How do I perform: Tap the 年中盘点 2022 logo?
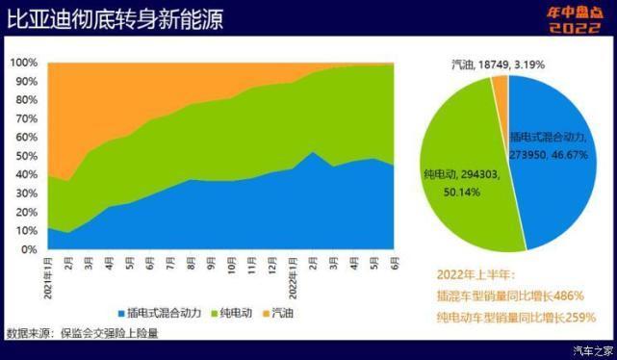click(x=574, y=18)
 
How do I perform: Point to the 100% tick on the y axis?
click(x=24, y=63)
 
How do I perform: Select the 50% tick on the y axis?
click(x=26, y=156)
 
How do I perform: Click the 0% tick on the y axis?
click(x=30, y=249)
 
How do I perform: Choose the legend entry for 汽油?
click(x=281, y=313)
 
